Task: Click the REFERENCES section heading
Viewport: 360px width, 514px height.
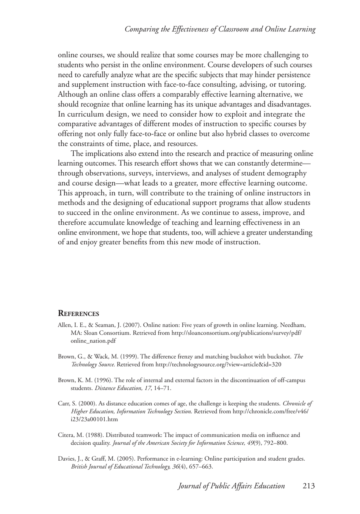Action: pyautogui.click(x=78, y=314)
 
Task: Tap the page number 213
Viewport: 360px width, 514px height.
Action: pyautogui.click(x=309, y=486)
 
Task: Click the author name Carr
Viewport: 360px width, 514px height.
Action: pyautogui.click(x=63, y=404)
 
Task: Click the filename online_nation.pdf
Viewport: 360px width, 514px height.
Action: pyautogui.click(x=93, y=341)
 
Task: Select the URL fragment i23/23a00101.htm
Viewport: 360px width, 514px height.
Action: pyautogui.click(x=94, y=419)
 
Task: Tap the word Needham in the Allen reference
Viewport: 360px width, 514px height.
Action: pyautogui.click(x=292, y=325)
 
